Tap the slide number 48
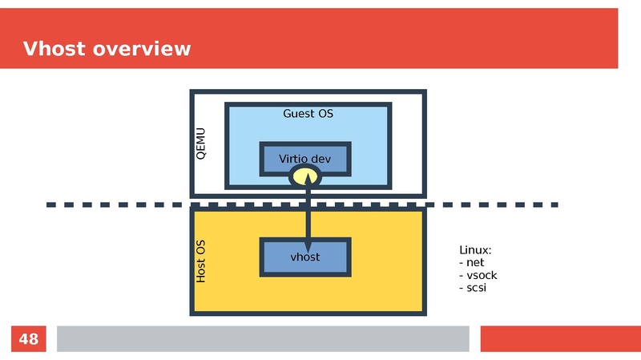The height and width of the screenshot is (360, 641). click(28, 339)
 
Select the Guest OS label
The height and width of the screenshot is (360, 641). click(308, 114)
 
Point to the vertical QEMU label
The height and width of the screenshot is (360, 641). click(201, 143)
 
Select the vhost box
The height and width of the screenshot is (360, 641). click(305, 257)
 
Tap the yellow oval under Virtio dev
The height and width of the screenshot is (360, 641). click(305, 176)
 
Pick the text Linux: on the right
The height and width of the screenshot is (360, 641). click(475, 250)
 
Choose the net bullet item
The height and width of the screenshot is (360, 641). click(472, 262)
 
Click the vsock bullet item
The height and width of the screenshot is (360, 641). click(478, 275)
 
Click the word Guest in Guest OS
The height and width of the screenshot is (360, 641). click(298, 114)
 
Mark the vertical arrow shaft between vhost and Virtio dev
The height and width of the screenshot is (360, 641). click(305, 216)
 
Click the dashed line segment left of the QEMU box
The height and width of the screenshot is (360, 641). click(120, 205)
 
